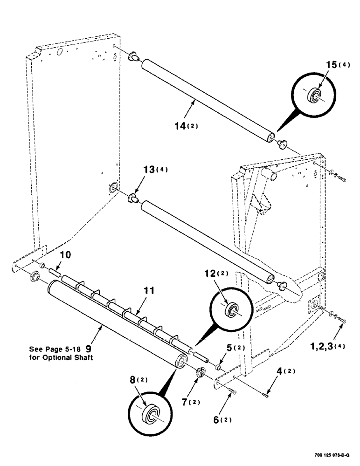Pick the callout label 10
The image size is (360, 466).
point(65,255)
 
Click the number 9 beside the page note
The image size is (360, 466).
point(95,348)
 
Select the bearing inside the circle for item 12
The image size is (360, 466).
point(231,311)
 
